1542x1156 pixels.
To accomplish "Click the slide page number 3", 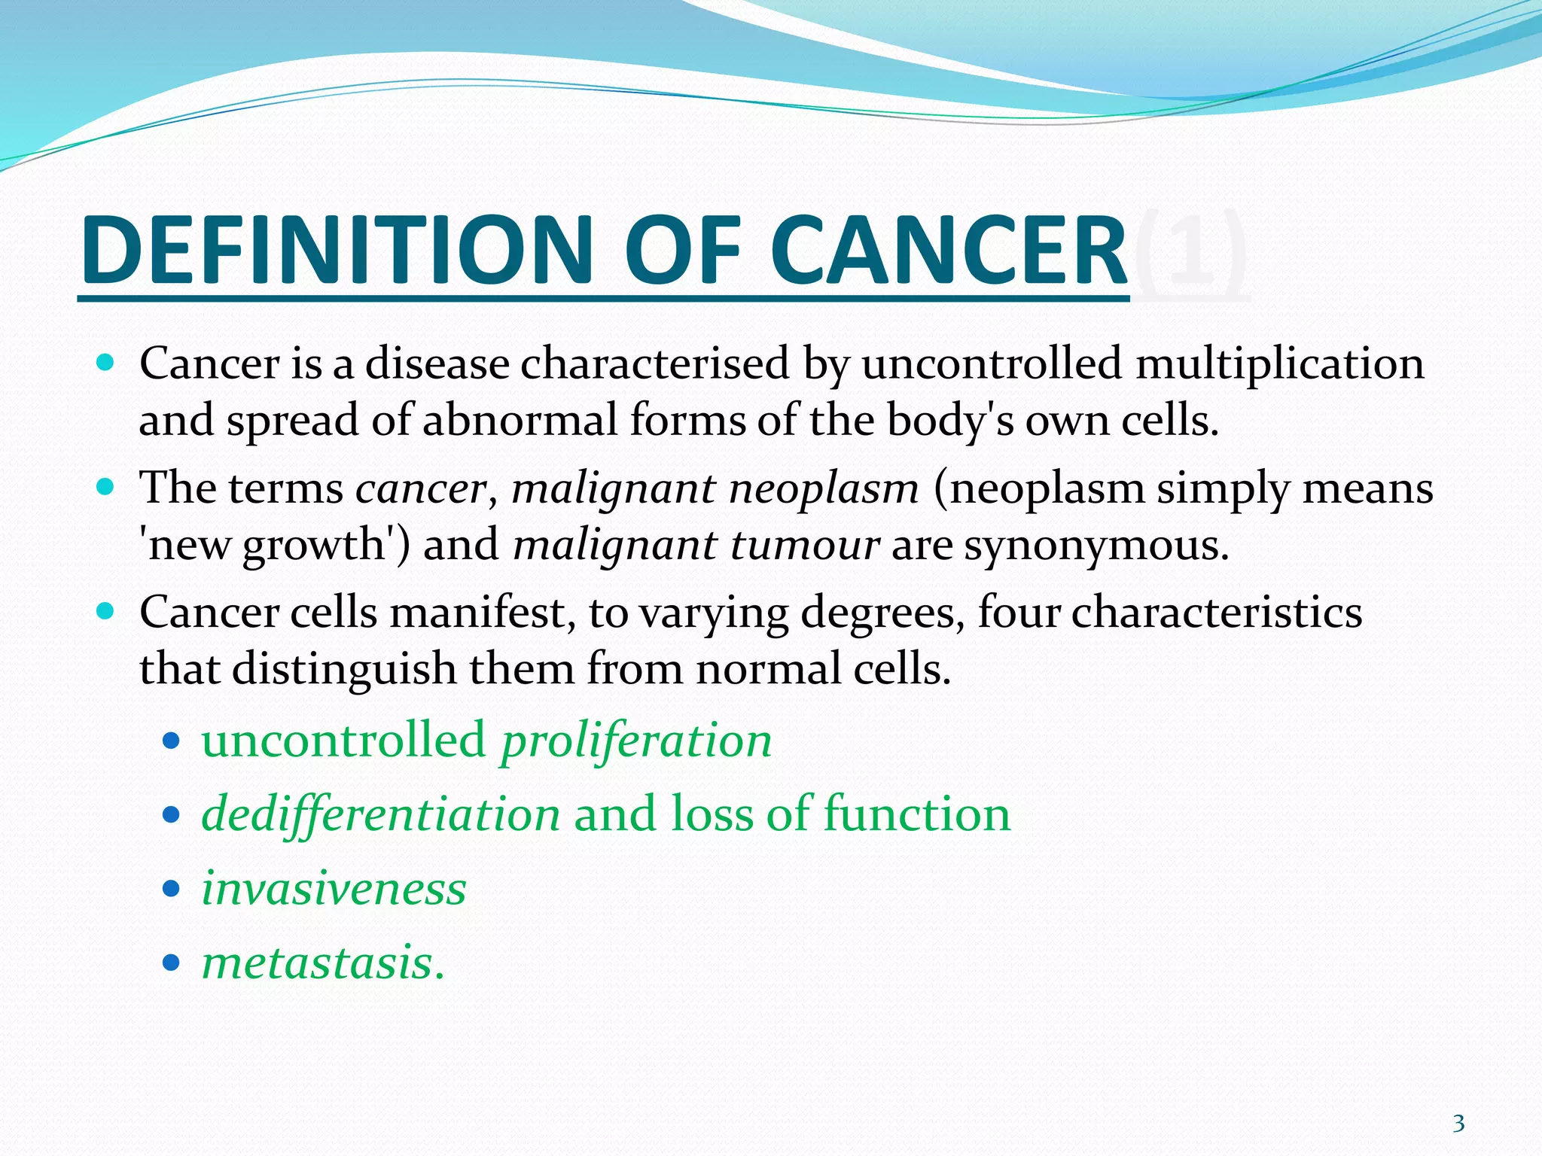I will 1458,1124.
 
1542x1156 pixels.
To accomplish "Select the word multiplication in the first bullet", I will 1279,364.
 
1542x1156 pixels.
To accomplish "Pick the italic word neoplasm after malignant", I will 824,489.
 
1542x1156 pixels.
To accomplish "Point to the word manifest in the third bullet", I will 477,613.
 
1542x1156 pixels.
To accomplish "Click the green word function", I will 916,814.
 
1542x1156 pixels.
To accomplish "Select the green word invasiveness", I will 334,889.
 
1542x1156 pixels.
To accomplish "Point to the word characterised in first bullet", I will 654,364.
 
